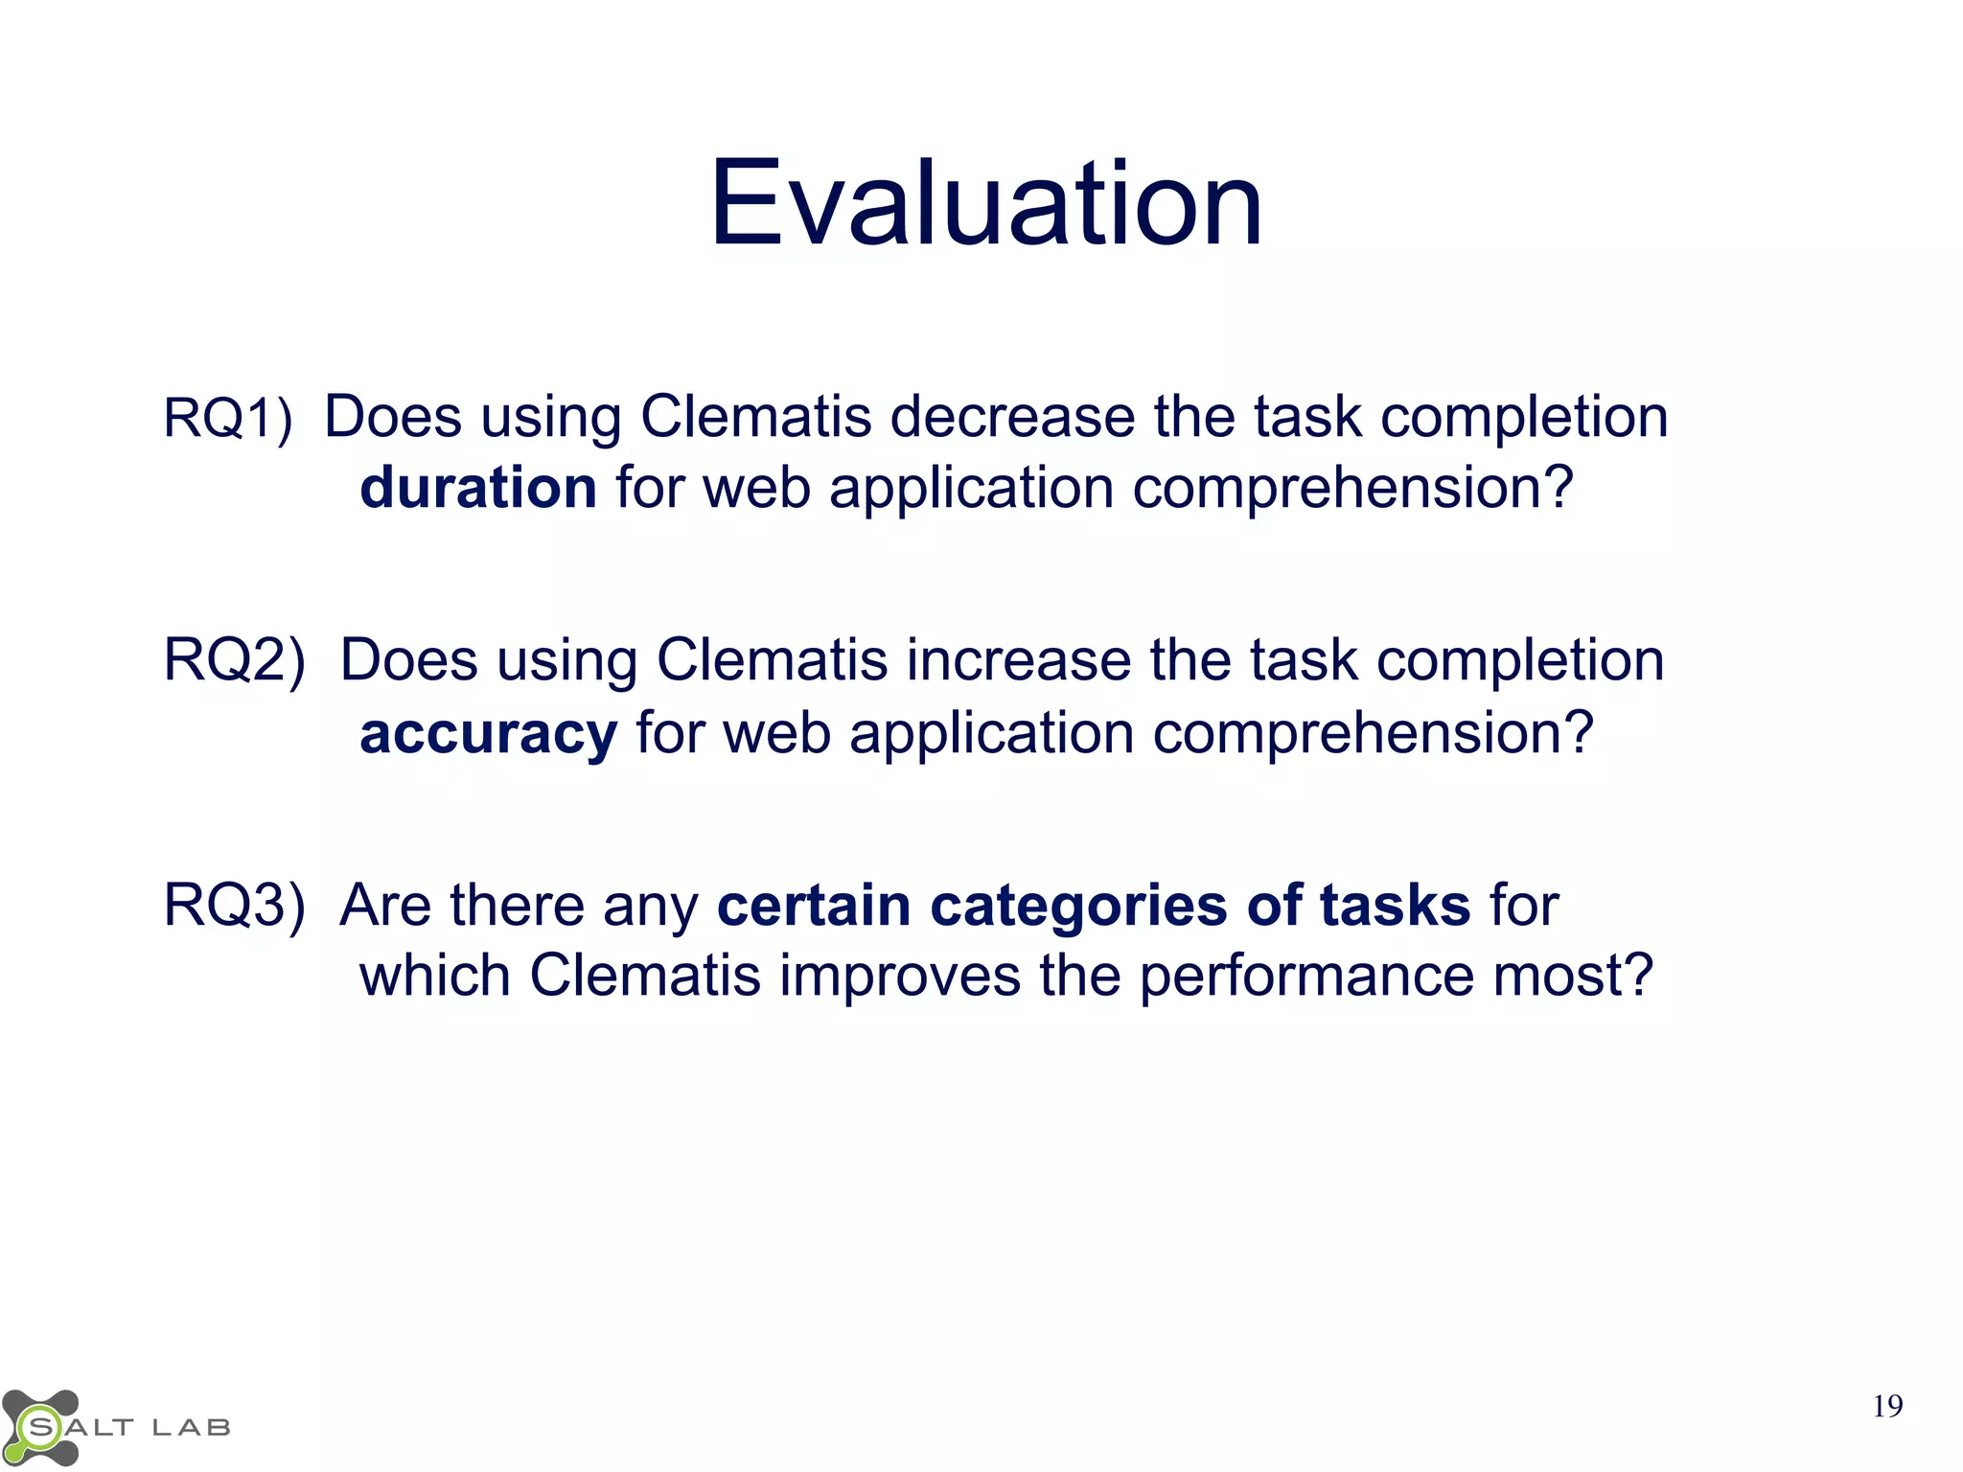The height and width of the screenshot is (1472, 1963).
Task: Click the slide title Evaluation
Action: (x=985, y=203)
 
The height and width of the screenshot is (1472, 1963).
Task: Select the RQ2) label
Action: (x=235, y=661)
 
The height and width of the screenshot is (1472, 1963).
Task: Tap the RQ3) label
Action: (x=235, y=905)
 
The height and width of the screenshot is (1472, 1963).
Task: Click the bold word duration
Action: (x=478, y=488)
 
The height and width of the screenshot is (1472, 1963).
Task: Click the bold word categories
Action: (x=1078, y=906)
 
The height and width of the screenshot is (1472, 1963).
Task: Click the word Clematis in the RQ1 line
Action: (x=755, y=418)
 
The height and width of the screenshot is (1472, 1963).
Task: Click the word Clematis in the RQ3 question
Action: (x=645, y=976)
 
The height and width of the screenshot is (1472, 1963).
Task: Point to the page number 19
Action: (x=1887, y=1407)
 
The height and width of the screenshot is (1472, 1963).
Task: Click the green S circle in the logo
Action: (x=40, y=1428)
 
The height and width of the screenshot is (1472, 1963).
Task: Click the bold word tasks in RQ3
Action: (x=1395, y=906)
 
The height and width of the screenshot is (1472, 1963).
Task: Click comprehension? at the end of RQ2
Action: (x=1373, y=734)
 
